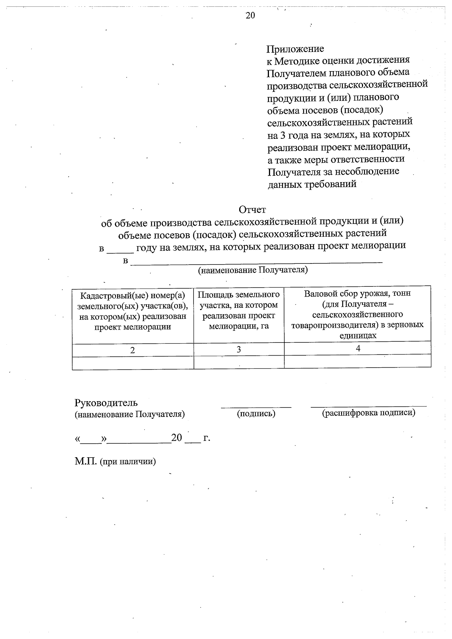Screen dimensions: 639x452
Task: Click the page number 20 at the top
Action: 250,15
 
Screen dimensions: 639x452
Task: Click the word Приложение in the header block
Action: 295,49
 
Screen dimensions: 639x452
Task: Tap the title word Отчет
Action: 252,210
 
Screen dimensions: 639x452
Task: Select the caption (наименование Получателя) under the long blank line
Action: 253,270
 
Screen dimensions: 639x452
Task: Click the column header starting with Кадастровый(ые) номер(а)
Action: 133,310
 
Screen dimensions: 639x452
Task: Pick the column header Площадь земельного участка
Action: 239,310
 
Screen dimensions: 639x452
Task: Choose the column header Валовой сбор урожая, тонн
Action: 357,314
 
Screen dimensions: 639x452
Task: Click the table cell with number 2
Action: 133,350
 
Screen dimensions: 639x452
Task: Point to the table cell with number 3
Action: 239,350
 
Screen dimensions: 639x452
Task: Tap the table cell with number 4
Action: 358,348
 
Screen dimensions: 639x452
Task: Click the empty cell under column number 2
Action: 133,363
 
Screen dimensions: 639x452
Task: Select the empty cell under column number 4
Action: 358,361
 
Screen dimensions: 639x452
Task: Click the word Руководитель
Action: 106,403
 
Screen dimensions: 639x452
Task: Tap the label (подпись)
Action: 256,414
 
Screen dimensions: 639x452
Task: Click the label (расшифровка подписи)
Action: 368,413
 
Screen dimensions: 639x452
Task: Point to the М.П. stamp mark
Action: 86,461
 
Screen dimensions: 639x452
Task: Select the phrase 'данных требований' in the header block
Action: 312,184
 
